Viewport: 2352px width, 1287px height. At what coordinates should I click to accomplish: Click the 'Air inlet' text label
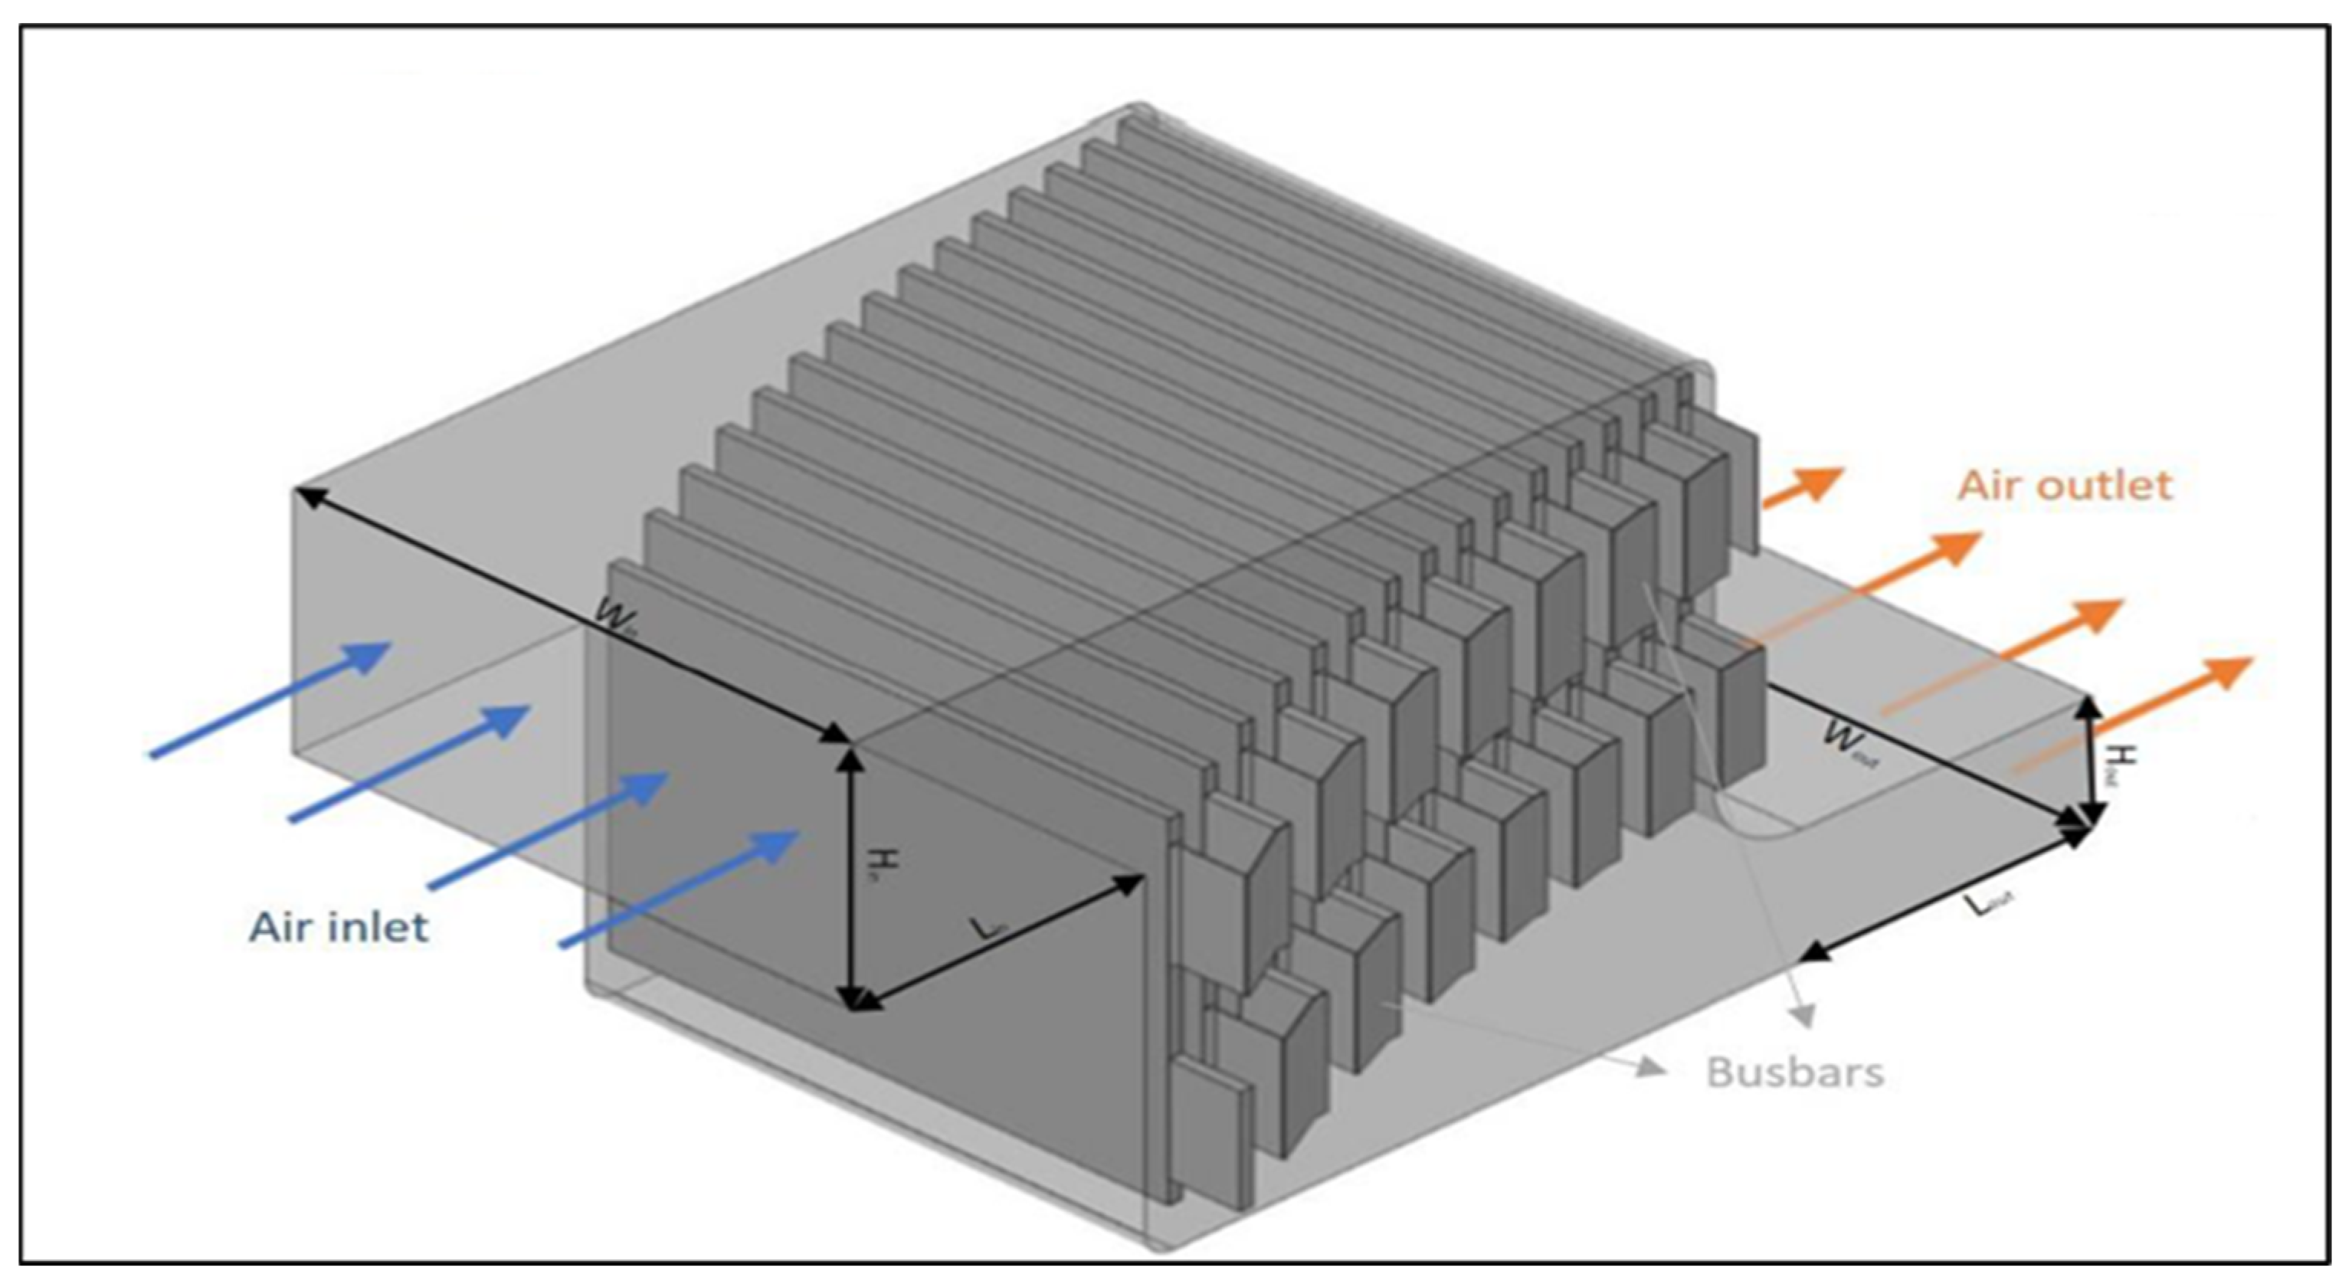(x=339, y=928)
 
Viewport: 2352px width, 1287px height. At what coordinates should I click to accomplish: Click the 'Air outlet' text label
(x=2065, y=485)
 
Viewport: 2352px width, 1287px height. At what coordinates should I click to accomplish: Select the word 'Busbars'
(x=1795, y=1072)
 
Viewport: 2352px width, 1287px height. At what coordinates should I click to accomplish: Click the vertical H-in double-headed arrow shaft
(x=851, y=876)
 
